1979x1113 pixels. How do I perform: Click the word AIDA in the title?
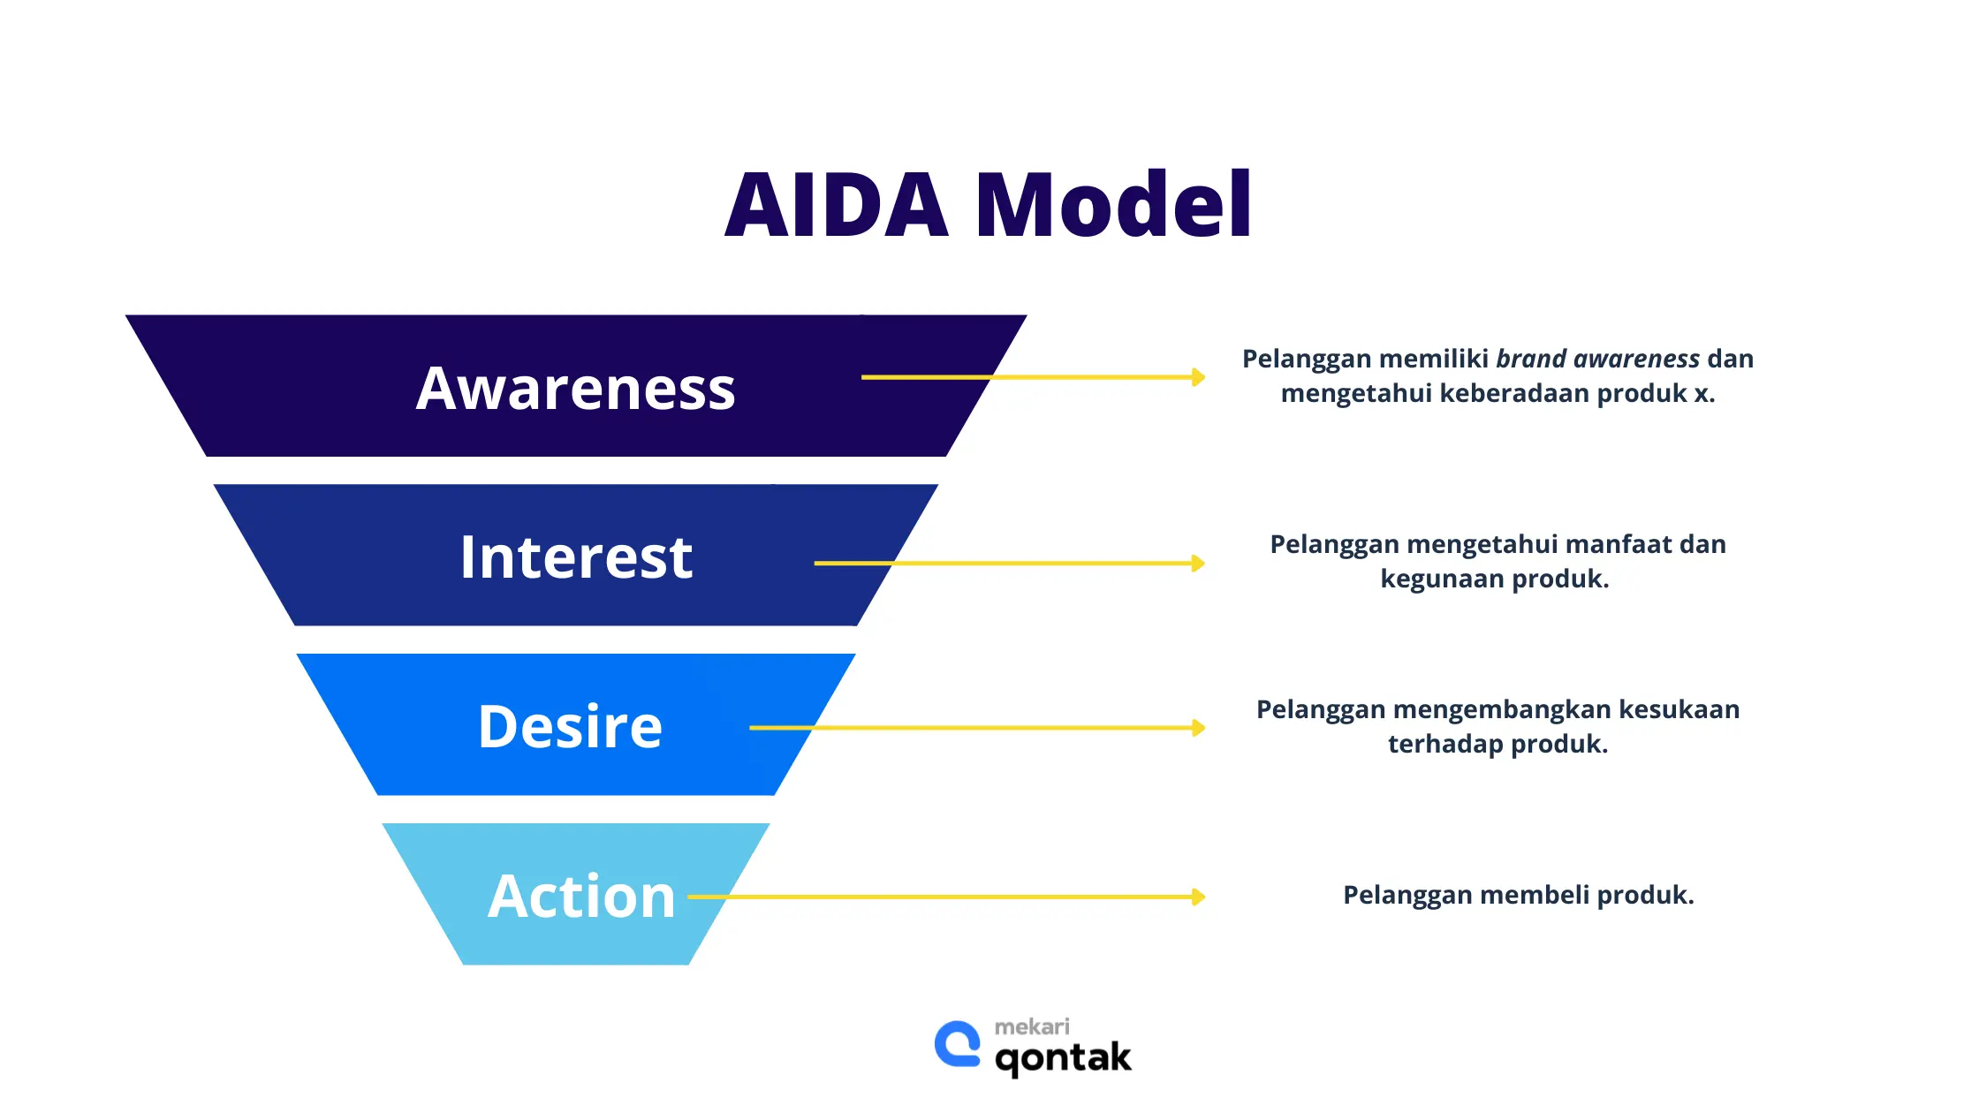coord(836,205)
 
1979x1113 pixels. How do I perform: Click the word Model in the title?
coord(1113,205)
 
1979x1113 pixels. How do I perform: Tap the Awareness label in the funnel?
coord(575,389)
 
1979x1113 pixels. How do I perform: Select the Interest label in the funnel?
coord(576,557)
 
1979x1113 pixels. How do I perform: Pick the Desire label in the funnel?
coord(570,727)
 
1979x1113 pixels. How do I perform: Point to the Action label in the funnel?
coord(581,897)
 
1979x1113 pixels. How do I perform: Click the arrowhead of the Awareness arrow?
coord(1198,377)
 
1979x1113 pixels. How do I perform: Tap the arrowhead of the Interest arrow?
coord(1198,563)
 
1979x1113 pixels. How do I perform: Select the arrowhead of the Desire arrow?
coord(1198,728)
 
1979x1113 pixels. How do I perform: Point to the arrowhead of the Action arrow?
coord(1198,897)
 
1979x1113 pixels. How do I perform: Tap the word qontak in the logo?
coord(1063,1057)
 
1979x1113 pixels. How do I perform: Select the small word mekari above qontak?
coord(1032,1026)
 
